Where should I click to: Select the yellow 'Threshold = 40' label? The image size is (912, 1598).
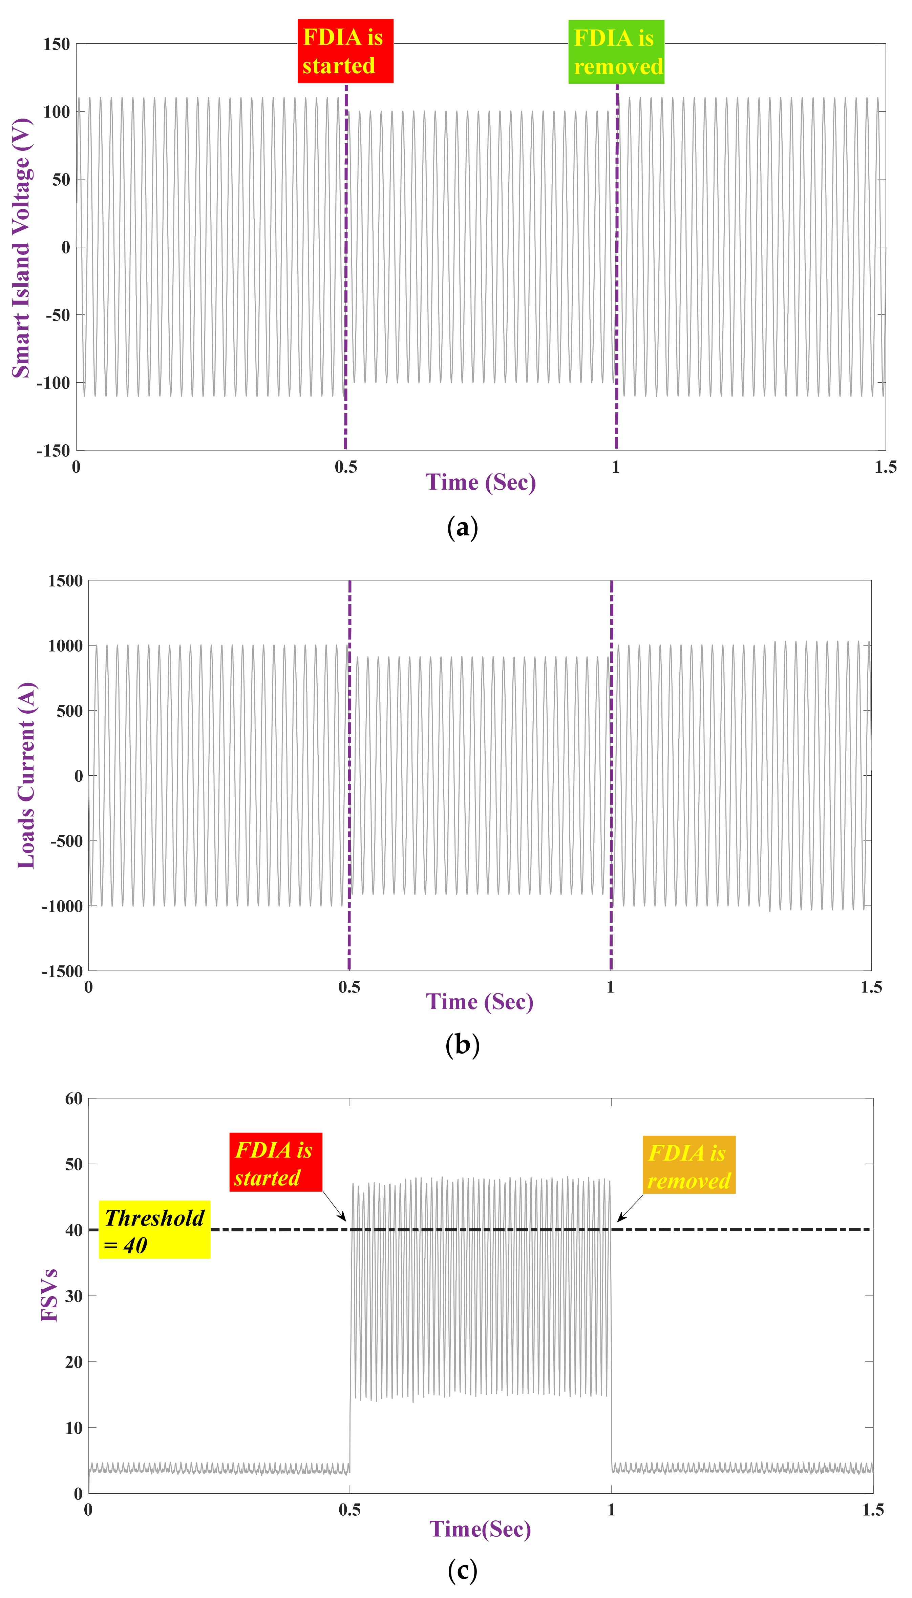click(x=154, y=1230)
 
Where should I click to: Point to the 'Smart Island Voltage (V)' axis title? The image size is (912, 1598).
click(x=21, y=248)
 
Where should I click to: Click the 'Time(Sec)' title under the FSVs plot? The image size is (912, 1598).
click(x=480, y=1529)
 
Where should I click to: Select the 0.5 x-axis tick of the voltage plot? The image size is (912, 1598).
click(x=346, y=467)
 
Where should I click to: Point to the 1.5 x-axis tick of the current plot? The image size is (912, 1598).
click(x=871, y=987)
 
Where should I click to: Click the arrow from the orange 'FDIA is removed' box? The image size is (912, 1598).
click(x=630, y=1208)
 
